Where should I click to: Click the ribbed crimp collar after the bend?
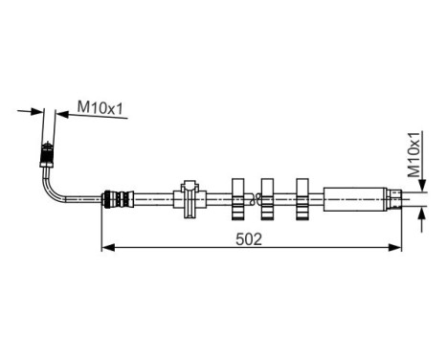(115, 200)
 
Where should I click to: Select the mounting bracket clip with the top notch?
(190, 199)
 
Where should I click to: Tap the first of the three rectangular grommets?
(238, 198)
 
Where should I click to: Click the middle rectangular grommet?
(269, 198)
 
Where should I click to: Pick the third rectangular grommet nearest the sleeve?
(302, 198)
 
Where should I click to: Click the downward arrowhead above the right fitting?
(421, 187)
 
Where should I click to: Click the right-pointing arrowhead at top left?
(37, 111)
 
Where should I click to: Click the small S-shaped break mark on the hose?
(253, 199)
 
